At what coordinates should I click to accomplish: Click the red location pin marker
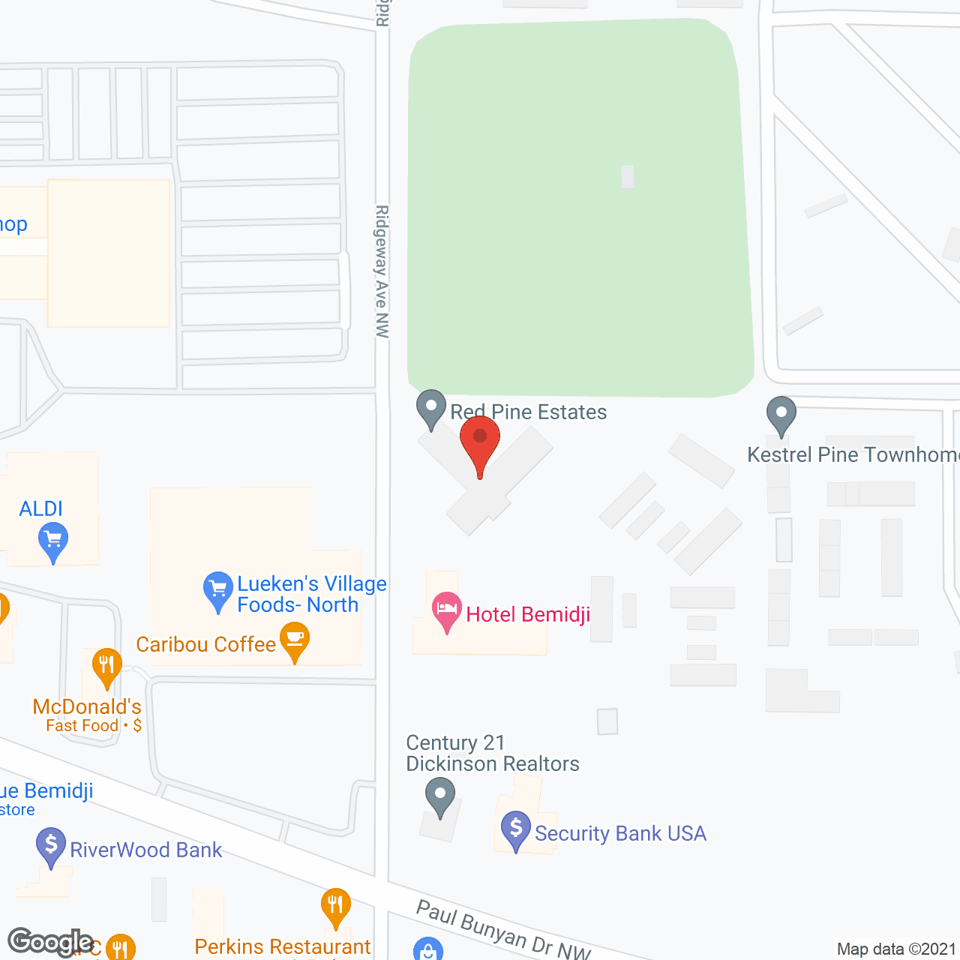click(x=480, y=441)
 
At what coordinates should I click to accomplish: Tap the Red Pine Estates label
click(x=529, y=412)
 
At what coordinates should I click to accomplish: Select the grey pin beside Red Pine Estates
click(x=431, y=408)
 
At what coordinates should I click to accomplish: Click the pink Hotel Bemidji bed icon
click(x=447, y=610)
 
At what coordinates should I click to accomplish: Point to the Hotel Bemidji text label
click(x=528, y=615)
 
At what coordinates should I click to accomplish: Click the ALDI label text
click(x=41, y=509)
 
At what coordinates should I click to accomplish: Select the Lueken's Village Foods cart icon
click(x=218, y=590)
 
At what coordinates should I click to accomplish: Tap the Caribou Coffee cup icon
click(x=295, y=642)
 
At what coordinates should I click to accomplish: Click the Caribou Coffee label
click(x=206, y=644)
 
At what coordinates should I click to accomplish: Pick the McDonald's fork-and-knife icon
click(x=106, y=666)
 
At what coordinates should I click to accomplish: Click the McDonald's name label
click(x=87, y=706)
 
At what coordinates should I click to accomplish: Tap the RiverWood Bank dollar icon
click(x=51, y=845)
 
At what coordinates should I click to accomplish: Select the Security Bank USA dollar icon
click(x=516, y=829)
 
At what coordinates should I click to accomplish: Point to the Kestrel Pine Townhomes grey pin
click(x=781, y=414)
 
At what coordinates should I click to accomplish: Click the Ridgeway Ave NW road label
click(x=382, y=271)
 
